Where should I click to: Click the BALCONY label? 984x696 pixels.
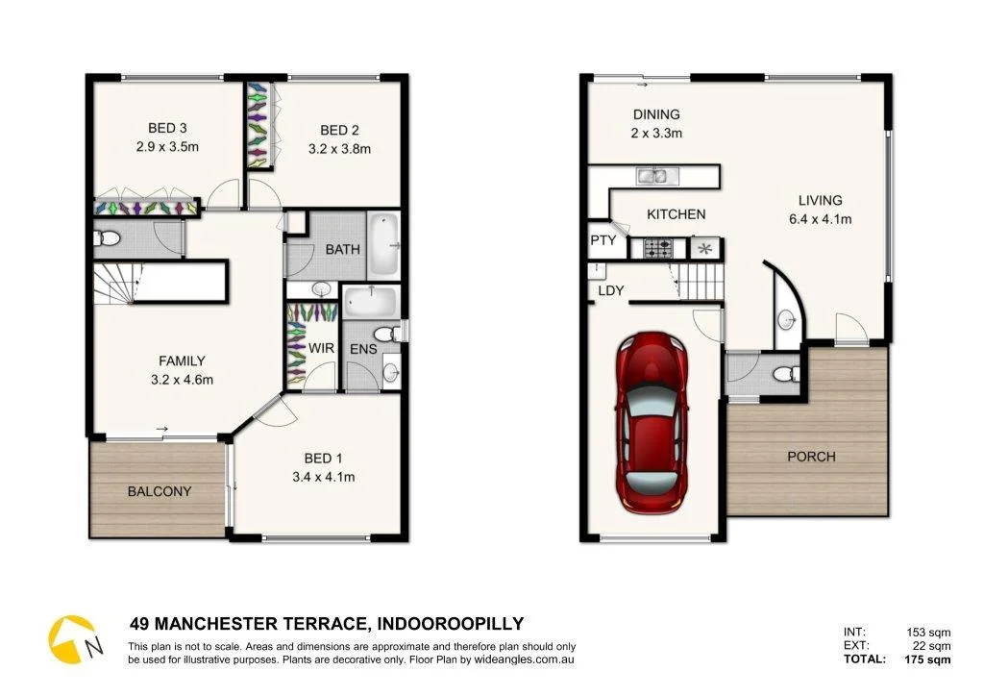click(160, 491)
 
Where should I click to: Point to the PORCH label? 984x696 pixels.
click(811, 457)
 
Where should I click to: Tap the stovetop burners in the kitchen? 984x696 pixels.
click(659, 249)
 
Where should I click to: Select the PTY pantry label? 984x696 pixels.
click(603, 239)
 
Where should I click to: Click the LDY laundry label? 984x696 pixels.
click(610, 290)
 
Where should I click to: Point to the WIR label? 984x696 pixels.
click(321, 347)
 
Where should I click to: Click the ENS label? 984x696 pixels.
click(362, 349)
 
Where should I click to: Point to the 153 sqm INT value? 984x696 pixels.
click(928, 632)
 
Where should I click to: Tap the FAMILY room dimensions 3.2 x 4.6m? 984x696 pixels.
click(182, 379)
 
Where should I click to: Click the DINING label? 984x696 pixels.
click(656, 114)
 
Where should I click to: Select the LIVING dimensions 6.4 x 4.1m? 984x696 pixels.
click(820, 218)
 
